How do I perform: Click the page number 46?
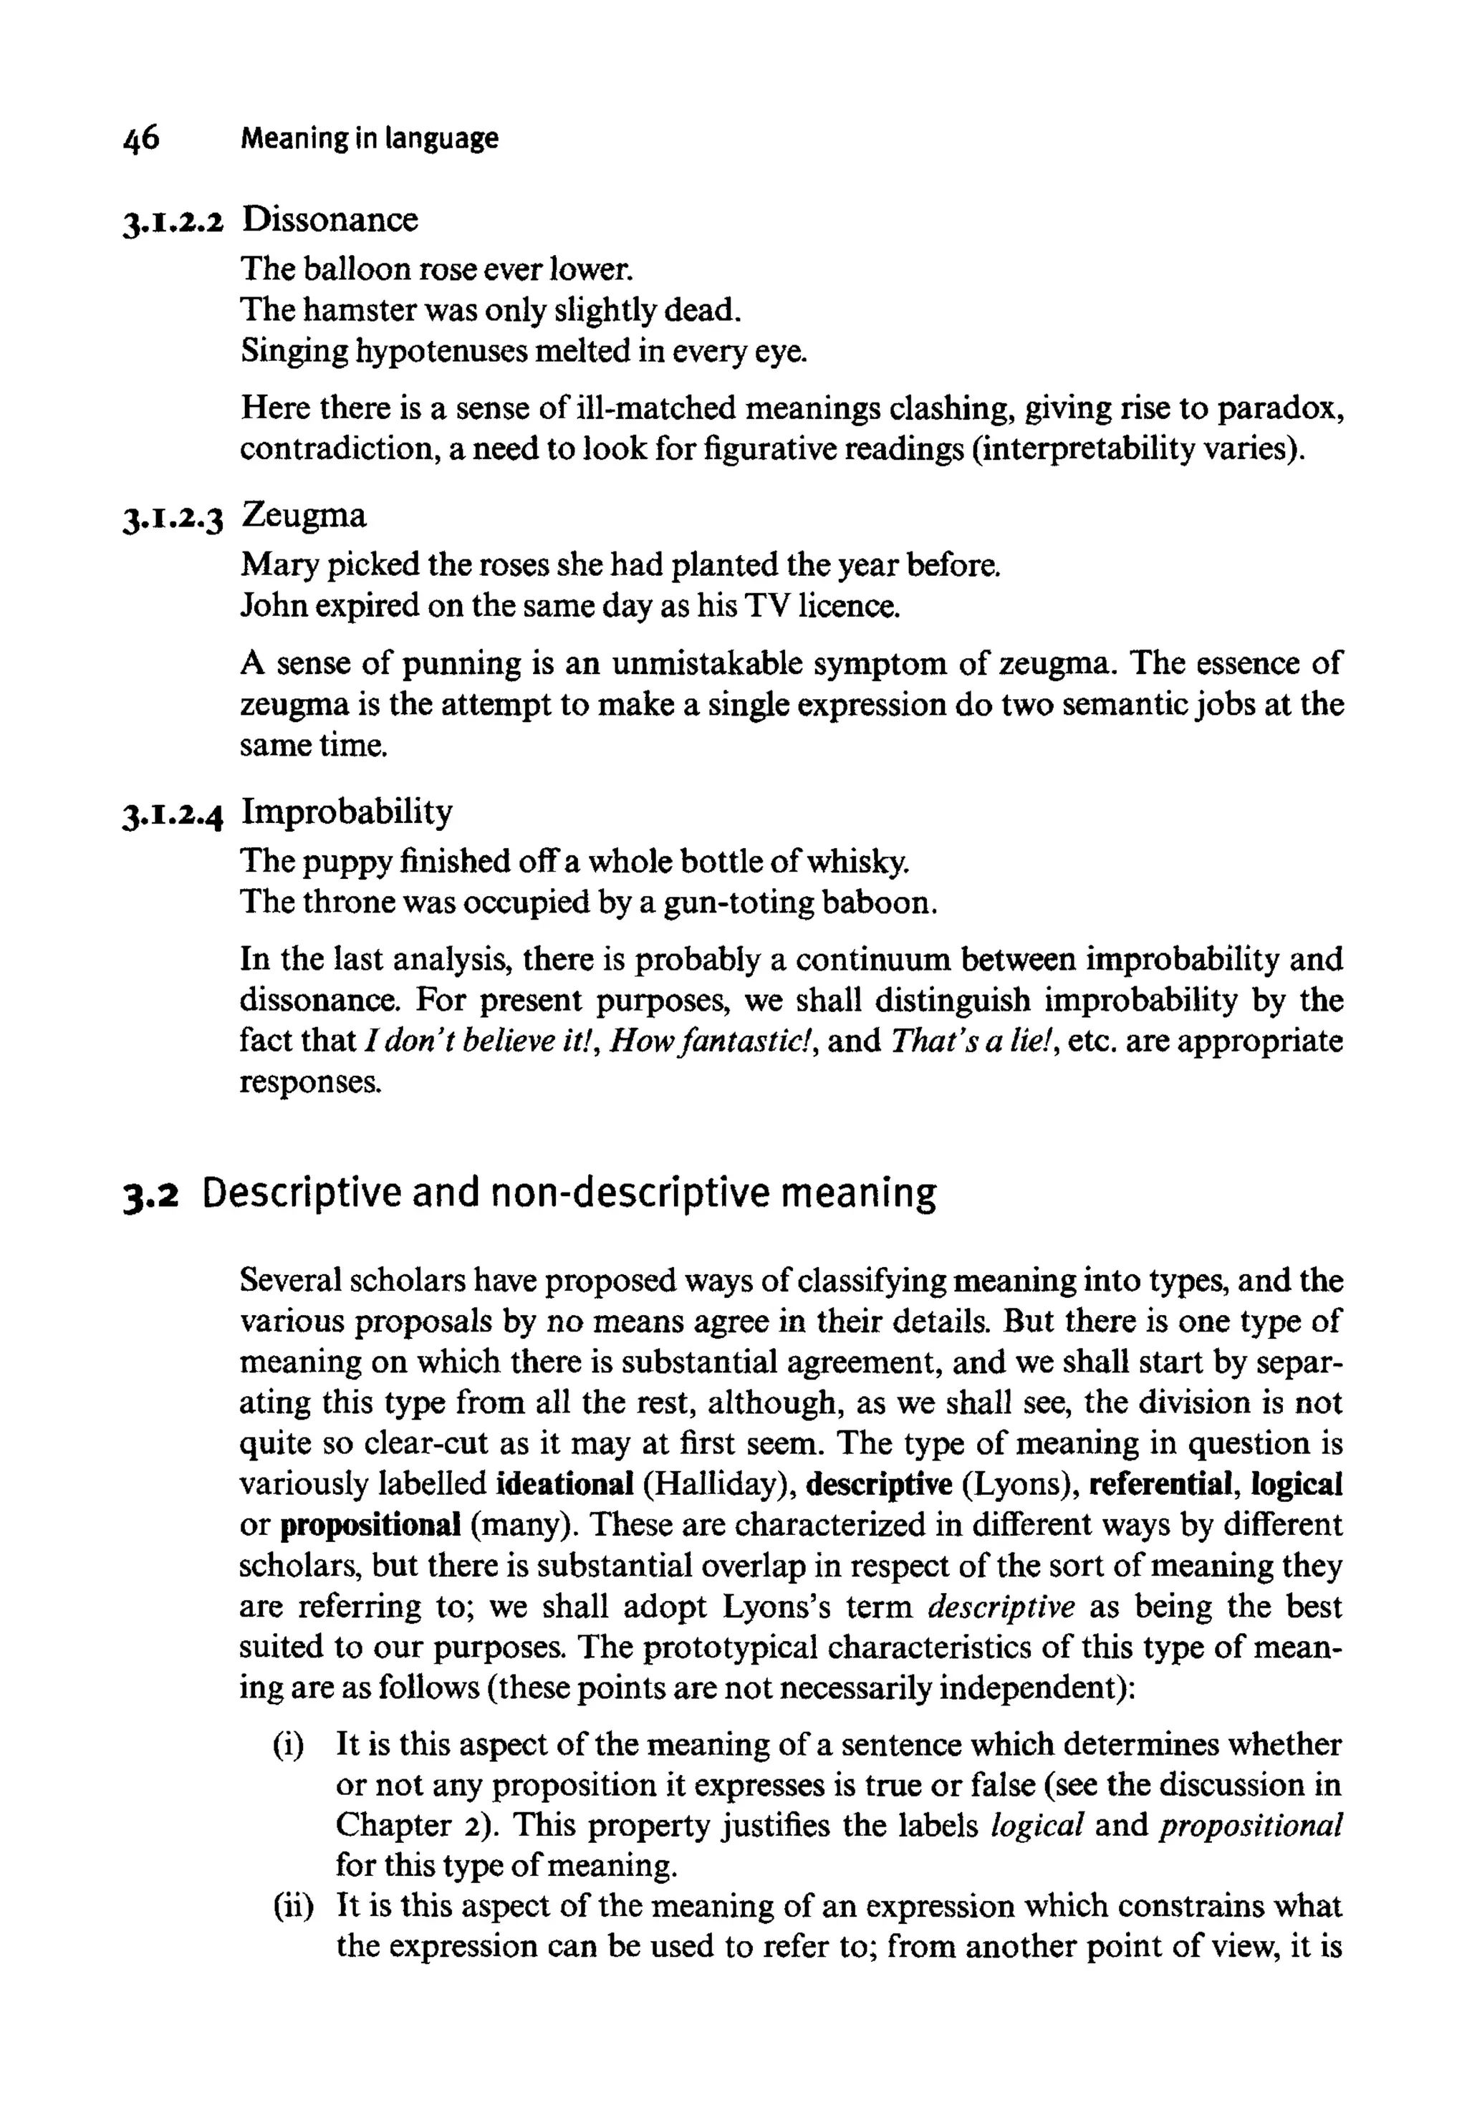[x=140, y=138]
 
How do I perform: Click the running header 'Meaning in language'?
[x=369, y=139]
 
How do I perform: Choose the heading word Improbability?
[x=347, y=812]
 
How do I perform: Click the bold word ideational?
[x=564, y=1484]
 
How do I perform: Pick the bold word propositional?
[x=370, y=1526]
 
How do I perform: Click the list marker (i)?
[x=288, y=1746]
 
